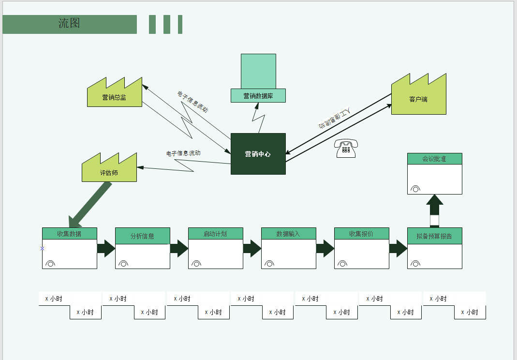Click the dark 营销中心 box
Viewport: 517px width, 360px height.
pos(258,154)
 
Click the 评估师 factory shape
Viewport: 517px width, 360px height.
pos(109,171)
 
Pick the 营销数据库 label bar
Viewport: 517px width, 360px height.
pos(258,96)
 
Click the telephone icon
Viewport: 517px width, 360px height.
pos(346,149)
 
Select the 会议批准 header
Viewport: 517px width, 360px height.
pos(434,159)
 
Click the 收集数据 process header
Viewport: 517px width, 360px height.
pos(69,234)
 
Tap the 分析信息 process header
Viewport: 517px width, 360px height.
pos(142,236)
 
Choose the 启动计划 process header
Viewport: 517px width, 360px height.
pos(215,234)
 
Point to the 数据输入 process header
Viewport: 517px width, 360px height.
pos(288,234)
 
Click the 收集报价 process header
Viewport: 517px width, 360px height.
pos(361,234)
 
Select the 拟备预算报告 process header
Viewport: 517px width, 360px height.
pos(434,236)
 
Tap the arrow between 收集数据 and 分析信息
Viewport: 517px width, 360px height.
pos(106,248)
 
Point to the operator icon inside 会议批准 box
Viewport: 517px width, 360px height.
pos(415,189)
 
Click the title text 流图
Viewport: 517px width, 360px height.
pos(69,23)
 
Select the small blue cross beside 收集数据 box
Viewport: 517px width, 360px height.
pos(42,248)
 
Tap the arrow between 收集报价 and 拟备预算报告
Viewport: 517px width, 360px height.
pos(398,248)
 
